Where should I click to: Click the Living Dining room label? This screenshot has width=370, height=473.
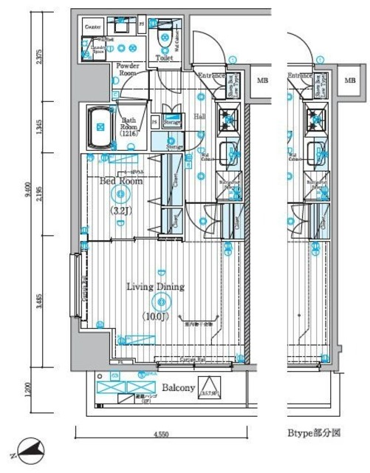(x=154, y=287)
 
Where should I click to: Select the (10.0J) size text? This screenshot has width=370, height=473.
(x=157, y=317)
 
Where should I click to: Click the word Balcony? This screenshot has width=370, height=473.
(x=178, y=387)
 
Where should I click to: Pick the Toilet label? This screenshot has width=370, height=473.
(x=164, y=58)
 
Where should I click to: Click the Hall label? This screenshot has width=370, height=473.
(x=200, y=116)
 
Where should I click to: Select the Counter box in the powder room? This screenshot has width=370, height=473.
(x=93, y=27)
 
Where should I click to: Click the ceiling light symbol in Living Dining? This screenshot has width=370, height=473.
(x=160, y=301)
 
